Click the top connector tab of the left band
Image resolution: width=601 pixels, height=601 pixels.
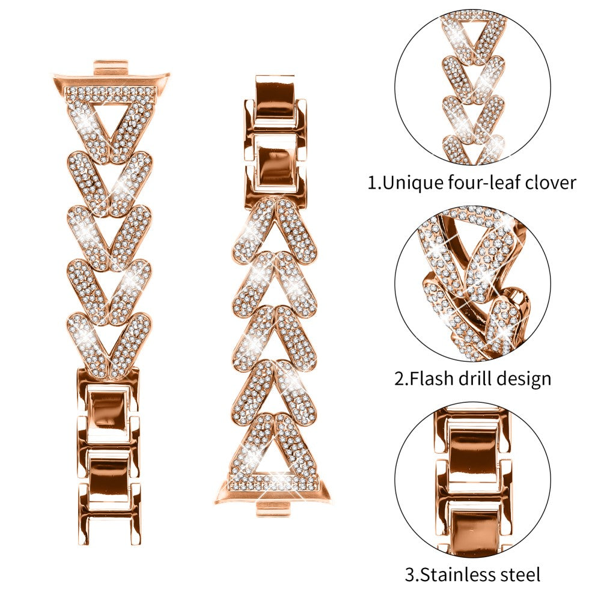click(x=112, y=66)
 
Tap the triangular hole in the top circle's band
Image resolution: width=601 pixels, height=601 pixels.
click(x=473, y=31)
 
